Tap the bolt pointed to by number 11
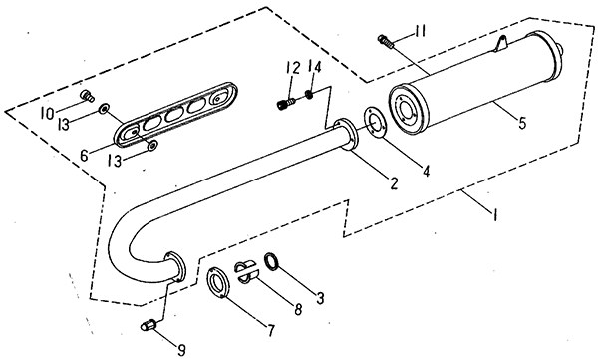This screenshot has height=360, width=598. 386,40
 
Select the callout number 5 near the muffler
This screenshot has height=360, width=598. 522,123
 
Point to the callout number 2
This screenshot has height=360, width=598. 394,182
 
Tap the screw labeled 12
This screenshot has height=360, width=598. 285,103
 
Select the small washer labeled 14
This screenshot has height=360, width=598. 309,94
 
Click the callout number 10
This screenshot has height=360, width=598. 47,114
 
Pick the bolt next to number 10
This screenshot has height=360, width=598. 87,96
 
